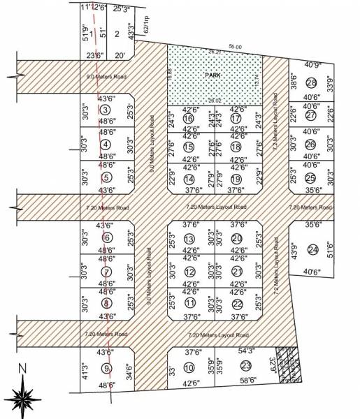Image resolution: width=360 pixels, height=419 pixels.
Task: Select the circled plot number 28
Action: coord(311,83)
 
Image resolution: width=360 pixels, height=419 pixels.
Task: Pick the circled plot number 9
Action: coord(106,369)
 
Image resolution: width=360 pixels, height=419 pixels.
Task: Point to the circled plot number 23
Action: coord(245,366)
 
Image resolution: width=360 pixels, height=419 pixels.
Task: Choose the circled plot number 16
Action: coord(188,119)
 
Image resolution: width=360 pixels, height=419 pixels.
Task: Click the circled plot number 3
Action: coord(106,110)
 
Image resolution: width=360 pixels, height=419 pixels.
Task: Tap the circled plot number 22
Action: coord(237,304)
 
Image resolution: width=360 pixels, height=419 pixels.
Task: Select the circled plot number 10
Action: coord(189,367)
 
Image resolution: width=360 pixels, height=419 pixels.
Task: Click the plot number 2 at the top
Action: coord(117,34)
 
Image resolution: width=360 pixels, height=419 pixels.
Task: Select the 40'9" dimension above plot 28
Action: coord(312,65)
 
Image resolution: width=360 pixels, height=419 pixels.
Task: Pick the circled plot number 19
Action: coord(236,179)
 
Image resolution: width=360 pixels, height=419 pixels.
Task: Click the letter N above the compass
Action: coord(22,368)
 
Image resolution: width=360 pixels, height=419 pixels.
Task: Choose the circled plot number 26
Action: coord(311,145)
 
